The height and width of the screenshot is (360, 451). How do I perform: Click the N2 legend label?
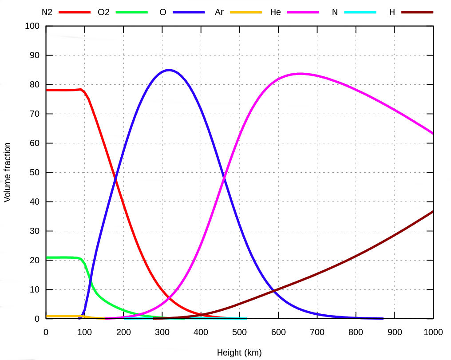[x=47, y=12]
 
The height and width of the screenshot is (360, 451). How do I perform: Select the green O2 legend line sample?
[x=131, y=12]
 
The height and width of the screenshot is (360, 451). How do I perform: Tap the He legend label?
[x=275, y=12]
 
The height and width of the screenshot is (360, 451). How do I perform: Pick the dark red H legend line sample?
[x=417, y=12]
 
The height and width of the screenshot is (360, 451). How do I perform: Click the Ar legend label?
[x=219, y=12]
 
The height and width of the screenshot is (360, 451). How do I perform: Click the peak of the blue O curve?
[x=169, y=70]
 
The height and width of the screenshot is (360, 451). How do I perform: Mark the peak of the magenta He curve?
[x=301, y=73]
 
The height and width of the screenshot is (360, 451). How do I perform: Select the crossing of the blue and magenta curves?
[x=224, y=178]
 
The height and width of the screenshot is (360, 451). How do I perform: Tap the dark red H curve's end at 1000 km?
[x=433, y=211]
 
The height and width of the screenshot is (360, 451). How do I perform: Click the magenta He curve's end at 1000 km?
[x=433, y=133]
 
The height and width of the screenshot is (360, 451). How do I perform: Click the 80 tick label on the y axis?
[x=35, y=84]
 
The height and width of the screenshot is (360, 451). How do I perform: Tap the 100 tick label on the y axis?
[x=33, y=26]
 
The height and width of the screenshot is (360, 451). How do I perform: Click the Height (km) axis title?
[x=239, y=353]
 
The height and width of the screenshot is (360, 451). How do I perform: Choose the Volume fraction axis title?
[x=8, y=172]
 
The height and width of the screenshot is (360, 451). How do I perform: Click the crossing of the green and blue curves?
[x=90, y=280]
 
